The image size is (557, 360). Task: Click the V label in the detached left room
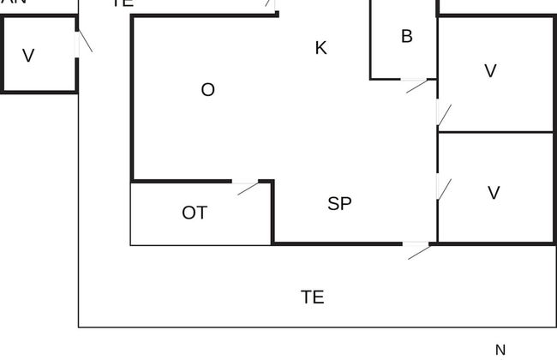pos(28,57)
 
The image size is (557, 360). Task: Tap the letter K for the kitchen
pos(321,48)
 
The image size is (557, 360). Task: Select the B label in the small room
pos(407,36)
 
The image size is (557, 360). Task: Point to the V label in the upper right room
pos(490,71)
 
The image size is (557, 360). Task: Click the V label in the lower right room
pos(494,193)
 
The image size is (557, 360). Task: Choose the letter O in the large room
pos(207,90)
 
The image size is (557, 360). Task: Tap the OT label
pos(195,213)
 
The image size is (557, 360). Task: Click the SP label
pos(340,204)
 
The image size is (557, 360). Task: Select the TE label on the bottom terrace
pos(313,297)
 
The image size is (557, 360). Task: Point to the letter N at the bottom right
pos(500,350)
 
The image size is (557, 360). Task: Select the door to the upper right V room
pos(442,113)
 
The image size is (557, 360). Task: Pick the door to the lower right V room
pos(442,187)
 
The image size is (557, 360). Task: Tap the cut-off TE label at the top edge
pos(123,3)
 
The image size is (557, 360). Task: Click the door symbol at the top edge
pos(270,4)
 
